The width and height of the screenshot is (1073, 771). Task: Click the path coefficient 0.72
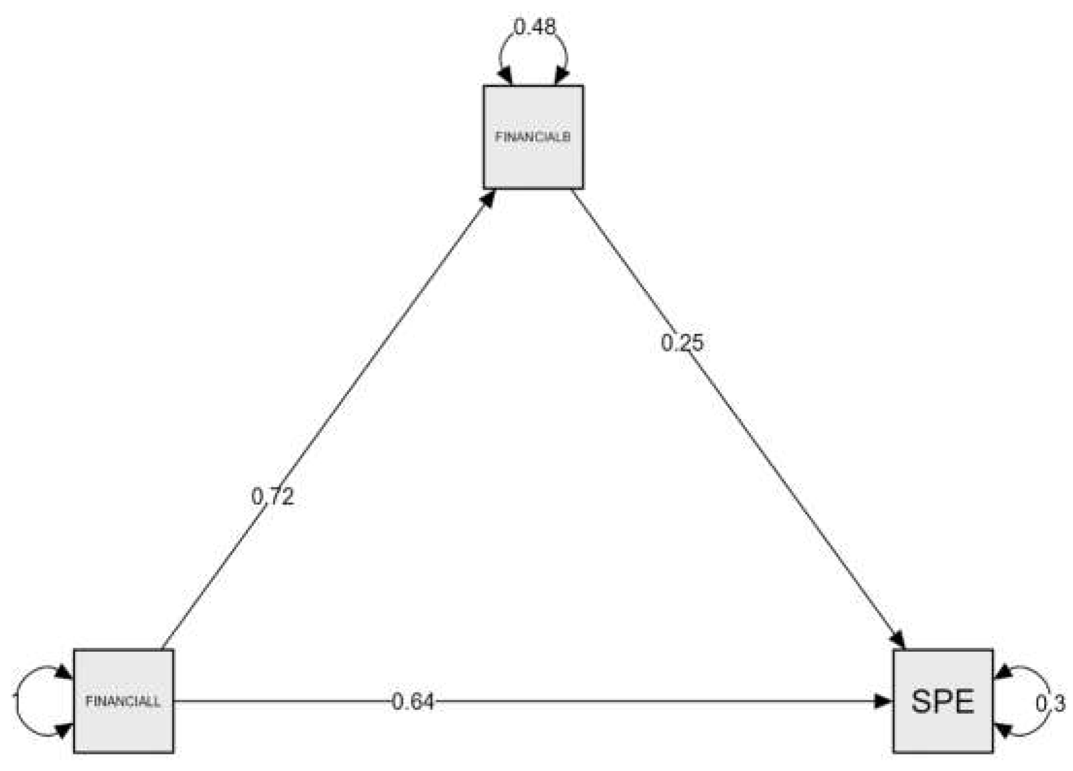[x=273, y=497]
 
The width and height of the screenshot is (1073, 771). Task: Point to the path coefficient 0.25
[x=682, y=343]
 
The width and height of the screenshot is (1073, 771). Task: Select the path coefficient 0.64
[x=412, y=702]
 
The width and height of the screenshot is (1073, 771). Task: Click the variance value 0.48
[x=535, y=27]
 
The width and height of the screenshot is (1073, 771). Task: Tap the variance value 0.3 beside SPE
[x=1050, y=704]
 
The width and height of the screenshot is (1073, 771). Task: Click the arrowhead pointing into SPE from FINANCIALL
[x=883, y=701]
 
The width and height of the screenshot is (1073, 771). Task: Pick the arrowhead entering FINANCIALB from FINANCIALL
[x=488, y=198]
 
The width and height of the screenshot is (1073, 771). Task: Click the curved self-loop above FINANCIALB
[x=534, y=34]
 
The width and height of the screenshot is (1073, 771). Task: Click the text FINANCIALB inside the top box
[x=533, y=137]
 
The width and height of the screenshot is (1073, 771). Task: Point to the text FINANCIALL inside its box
[x=123, y=702]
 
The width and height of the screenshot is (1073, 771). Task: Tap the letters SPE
[x=943, y=702]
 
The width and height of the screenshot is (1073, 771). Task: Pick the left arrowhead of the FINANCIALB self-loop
[x=505, y=77]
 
